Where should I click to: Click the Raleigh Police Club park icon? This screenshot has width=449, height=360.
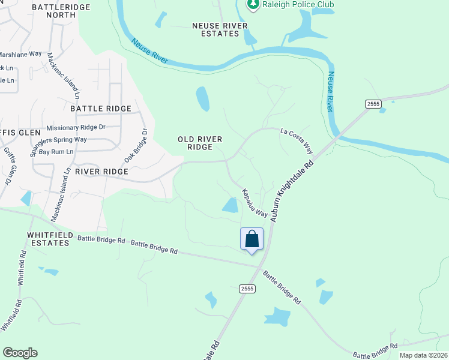[x=253, y=5]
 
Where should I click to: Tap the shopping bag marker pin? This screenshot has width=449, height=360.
[x=252, y=239]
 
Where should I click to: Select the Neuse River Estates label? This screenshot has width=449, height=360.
[x=215, y=29]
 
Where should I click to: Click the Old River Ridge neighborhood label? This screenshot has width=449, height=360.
[x=200, y=143]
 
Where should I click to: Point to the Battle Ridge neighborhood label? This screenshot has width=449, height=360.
[x=101, y=109]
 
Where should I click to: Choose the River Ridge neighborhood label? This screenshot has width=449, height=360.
[x=101, y=172]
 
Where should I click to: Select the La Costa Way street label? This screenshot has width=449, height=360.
[x=297, y=139]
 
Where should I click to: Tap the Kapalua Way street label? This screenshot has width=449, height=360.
[x=254, y=203]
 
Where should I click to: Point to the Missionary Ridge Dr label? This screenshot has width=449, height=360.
[x=76, y=127]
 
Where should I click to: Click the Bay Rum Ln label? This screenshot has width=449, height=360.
[x=56, y=152]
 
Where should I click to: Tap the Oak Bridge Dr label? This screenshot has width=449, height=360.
[x=136, y=145]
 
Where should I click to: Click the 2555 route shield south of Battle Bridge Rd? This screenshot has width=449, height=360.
[x=247, y=289]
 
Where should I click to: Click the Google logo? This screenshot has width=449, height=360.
[x=20, y=353]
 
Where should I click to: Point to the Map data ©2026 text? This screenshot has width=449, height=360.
[x=423, y=355]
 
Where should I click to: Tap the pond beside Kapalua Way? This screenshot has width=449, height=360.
[x=231, y=205]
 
